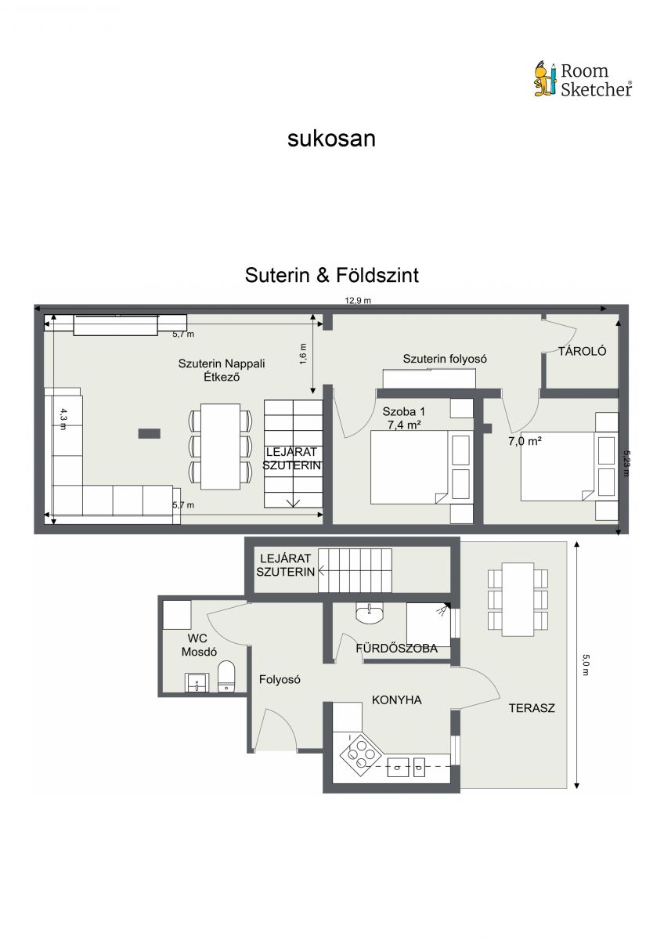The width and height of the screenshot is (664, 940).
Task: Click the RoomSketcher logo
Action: (x=583, y=79)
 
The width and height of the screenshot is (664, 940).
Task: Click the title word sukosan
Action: (x=331, y=139)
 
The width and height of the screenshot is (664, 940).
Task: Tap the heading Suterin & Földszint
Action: (x=332, y=275)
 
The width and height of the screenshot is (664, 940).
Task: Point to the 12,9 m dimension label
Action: (x=358, y=301)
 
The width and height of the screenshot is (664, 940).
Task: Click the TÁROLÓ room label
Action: (x=582, y=351)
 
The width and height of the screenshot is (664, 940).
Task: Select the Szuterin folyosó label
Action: (x=445, y=359)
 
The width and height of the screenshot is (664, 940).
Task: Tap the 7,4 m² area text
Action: (x=404, y=425)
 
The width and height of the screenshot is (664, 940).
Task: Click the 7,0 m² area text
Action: (x=525, y=441)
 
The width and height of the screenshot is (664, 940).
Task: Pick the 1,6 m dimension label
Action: (x=303, y=353)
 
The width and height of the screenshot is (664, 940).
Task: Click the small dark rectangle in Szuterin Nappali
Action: (x=150, y=433)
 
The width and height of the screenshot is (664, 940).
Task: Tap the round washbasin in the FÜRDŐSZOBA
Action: (x=369, y=613)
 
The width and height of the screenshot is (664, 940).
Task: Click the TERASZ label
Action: (x=532, y=708)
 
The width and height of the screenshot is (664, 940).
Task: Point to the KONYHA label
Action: (x=397, y=700)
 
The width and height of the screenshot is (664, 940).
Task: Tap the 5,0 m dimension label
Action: (x=586, y=665)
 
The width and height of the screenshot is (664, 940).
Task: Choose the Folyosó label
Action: (x=280, y=680)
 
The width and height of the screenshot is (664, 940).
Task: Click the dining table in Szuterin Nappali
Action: (x=220, y=446)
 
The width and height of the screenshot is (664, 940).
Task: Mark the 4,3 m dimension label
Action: (x=63, y=419)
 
